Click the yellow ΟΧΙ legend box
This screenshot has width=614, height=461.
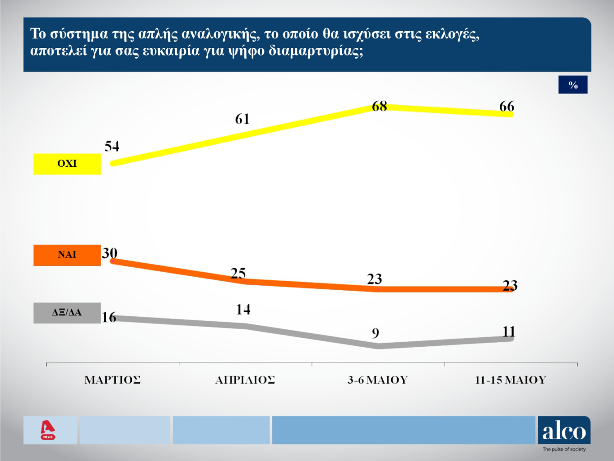[67, 164]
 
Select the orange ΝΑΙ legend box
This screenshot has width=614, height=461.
[67, 255]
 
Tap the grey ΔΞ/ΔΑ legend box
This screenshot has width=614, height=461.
[67, 313]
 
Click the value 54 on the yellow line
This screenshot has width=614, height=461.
[112, 146]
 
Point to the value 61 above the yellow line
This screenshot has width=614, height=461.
[242, 119]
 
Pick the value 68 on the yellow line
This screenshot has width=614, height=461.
[379, 106]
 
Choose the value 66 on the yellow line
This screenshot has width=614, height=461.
[507, 106]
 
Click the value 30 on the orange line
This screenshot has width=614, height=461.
[110, 253]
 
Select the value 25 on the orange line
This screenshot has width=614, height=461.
[238, 273]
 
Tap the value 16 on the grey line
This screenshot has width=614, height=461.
[109, 317]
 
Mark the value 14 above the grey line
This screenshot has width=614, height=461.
[243, 310]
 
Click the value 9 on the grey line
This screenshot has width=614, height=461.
[376, 334]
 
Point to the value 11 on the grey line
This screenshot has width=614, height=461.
[509, 332]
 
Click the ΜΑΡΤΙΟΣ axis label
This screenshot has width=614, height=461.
[112, 380]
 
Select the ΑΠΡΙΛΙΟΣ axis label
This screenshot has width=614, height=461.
[245, 380]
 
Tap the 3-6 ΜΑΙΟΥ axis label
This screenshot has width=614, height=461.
[377, 380]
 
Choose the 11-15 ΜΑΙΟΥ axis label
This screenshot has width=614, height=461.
[510, 380]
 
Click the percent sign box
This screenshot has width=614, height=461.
[573, 85]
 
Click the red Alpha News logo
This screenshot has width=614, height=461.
[48, 430]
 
